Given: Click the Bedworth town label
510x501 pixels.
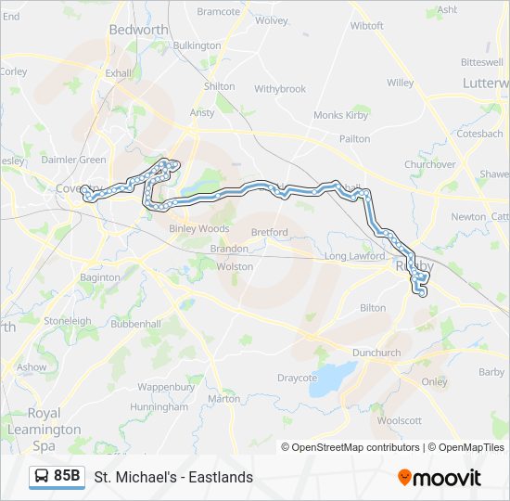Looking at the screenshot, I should [x=138, y=30].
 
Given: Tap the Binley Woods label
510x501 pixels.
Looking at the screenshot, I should [x=199, y=228].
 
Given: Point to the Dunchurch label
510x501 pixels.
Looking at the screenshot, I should [x=376, y=353].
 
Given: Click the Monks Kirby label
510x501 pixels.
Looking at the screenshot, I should [x=341, y=115].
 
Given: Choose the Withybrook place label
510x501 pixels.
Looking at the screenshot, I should [x=280, y=89].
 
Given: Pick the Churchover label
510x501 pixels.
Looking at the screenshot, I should [x=430, y=164].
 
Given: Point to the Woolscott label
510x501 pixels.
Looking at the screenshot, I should [x=400, y=420].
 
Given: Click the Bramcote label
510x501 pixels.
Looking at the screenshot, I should [x=219, y=12].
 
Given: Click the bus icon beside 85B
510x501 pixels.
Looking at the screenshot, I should [x=43, y=476].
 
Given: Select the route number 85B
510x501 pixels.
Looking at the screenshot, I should [x=67, y=476].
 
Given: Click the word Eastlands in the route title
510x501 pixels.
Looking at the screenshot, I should [x=223, y=477].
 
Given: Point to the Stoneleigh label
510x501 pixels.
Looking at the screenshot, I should [x=67, y=321].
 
